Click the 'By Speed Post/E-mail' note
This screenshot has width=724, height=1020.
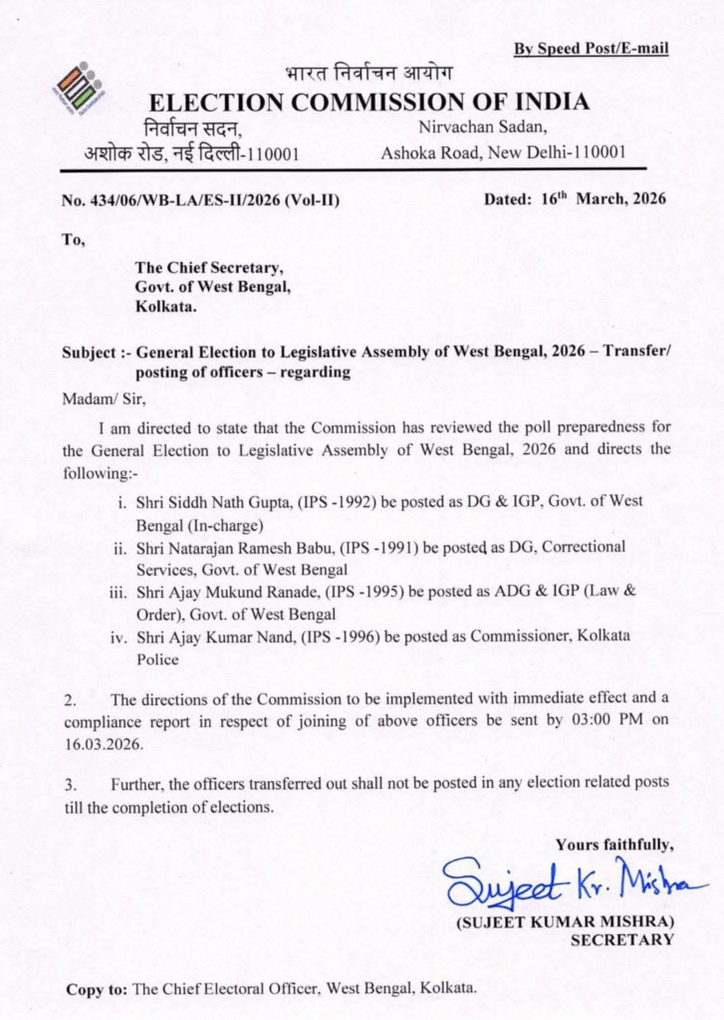(591, 49)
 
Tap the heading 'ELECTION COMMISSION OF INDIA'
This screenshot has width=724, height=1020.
(367, 102)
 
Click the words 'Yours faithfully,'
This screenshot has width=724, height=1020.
(616, 846)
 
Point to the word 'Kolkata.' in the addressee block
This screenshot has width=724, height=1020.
(165, 307)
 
